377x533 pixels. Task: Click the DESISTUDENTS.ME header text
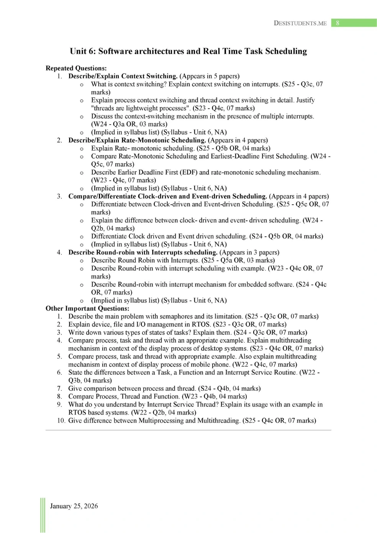click(300, 23)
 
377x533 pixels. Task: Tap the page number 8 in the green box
click(338, 23)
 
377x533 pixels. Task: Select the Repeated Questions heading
click(76, 68)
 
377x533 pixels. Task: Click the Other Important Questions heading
click(87, 308)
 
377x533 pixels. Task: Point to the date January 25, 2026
click(74, 506)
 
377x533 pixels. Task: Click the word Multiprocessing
click(161, 421)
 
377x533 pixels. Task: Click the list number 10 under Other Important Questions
click(61, 421)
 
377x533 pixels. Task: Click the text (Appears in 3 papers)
click(249, 253)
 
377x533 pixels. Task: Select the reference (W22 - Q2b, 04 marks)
click(164, 413)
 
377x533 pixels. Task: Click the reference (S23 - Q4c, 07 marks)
click(224, 108)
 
